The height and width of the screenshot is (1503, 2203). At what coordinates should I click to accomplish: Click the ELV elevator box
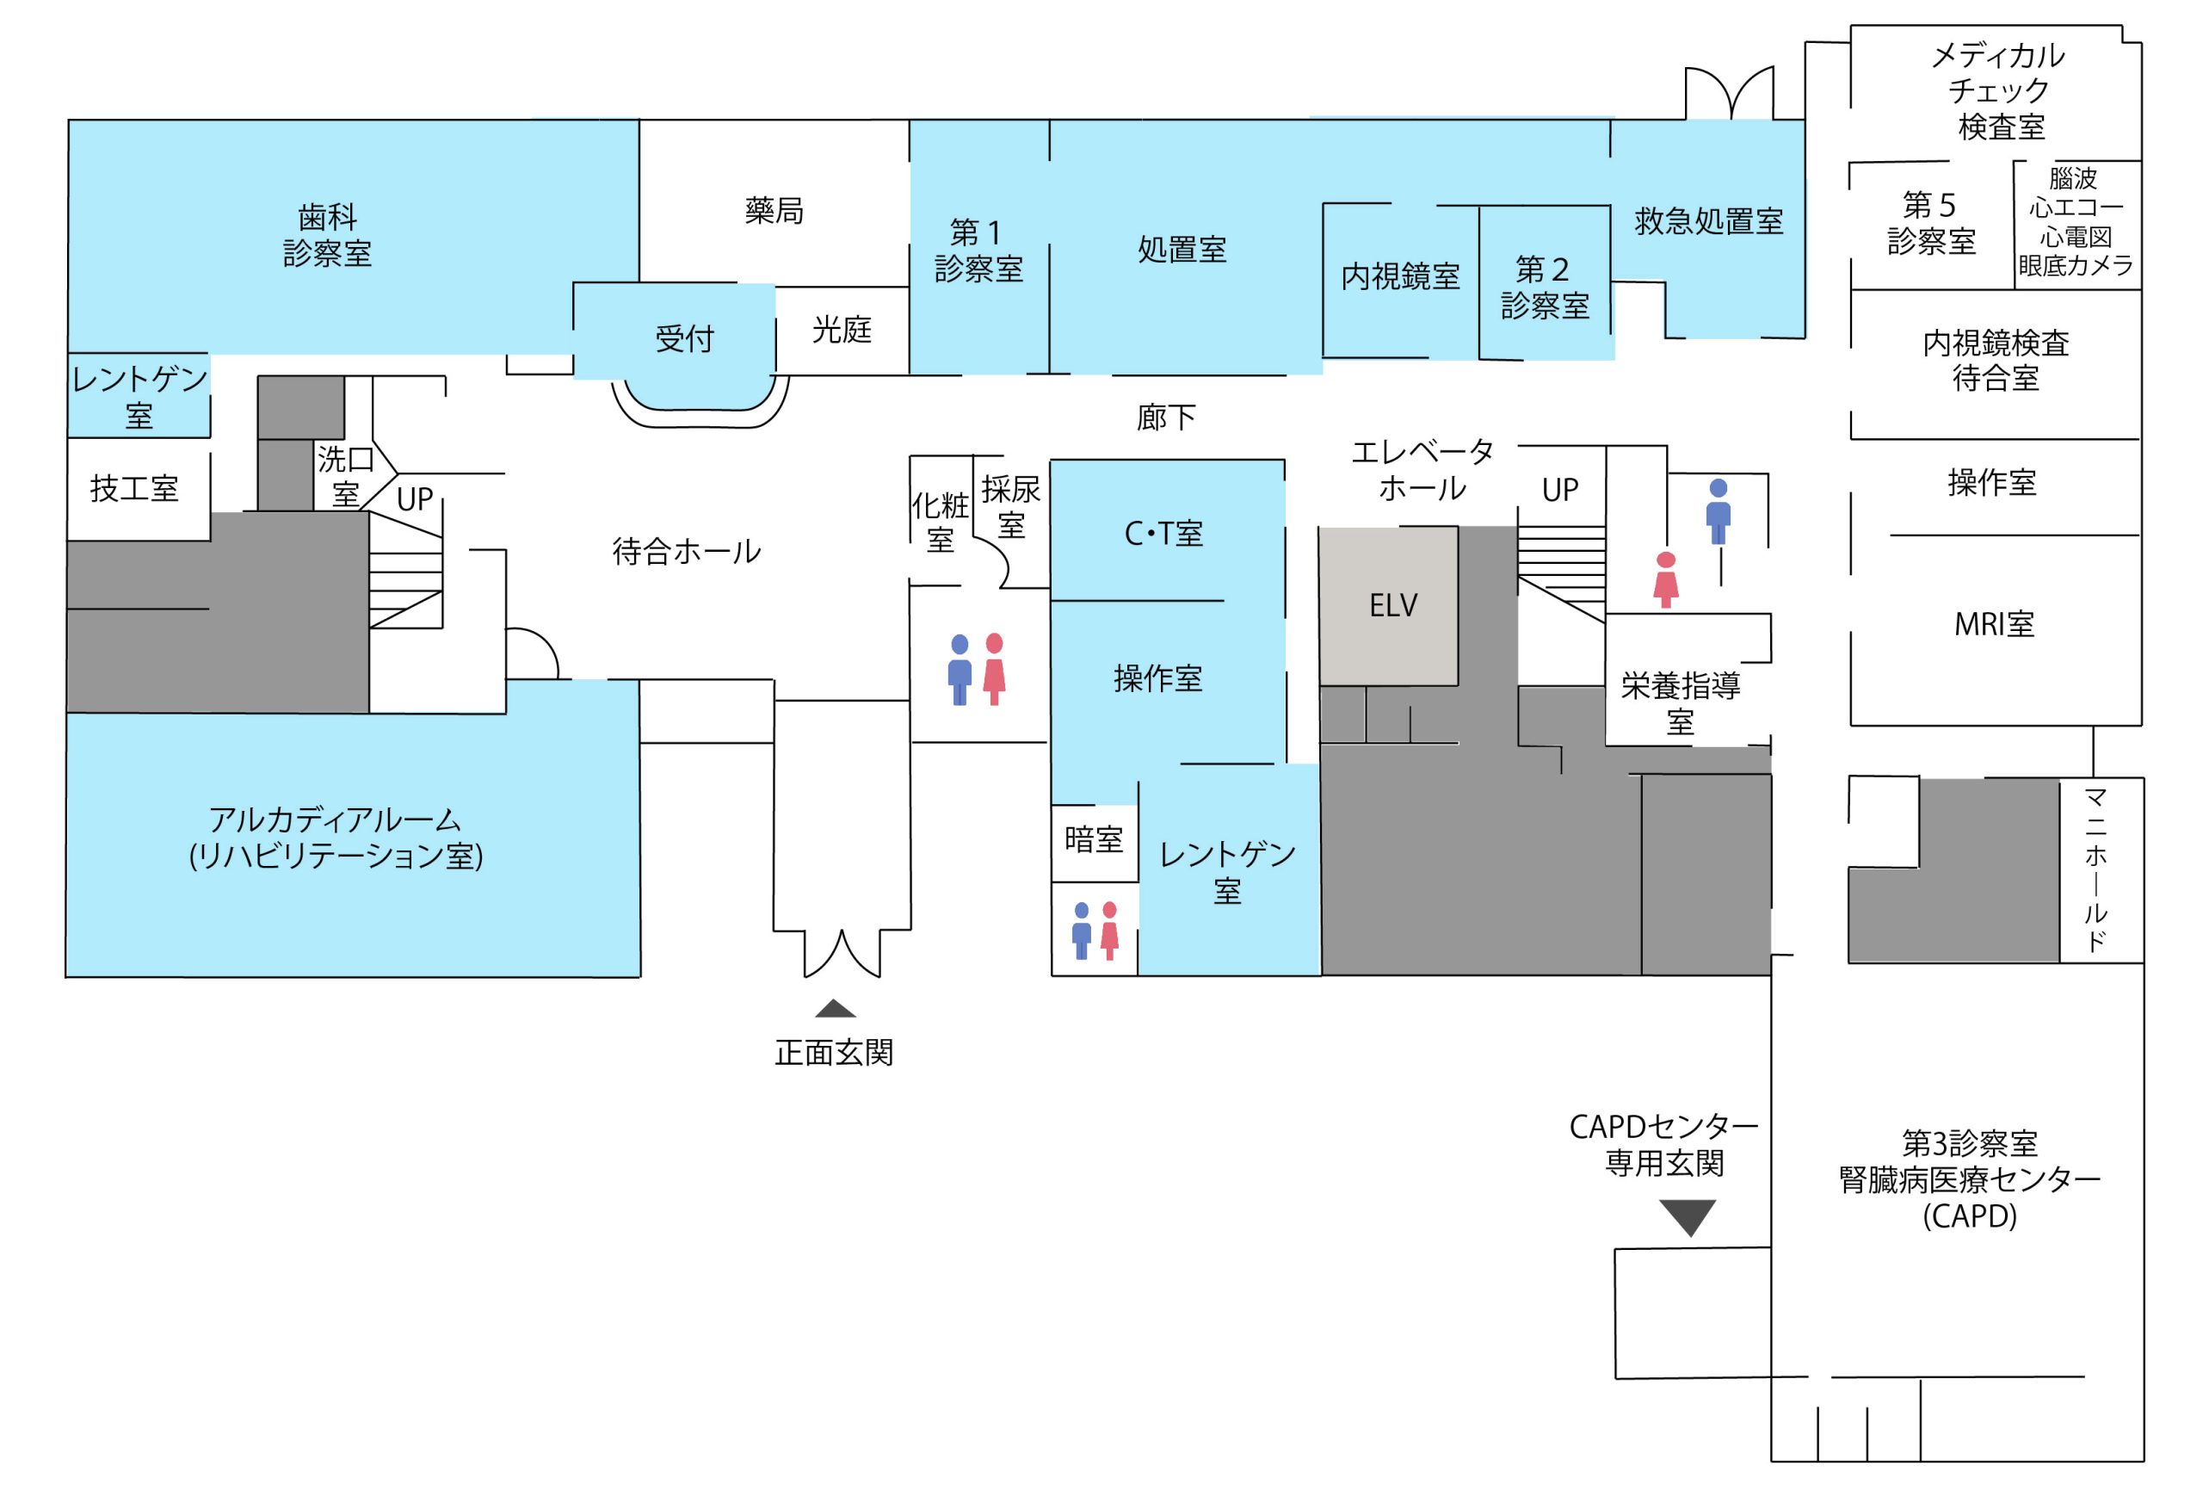1391,605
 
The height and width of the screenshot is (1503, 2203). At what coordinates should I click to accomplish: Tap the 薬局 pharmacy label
774,211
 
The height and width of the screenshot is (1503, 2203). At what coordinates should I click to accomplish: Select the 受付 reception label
683,338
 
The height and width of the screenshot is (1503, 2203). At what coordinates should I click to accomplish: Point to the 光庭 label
841,330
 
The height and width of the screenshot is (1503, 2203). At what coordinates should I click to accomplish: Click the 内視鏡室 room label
1400,276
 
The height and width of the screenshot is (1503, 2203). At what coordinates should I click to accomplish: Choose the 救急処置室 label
1708,222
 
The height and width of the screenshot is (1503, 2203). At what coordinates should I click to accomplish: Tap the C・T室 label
1163,534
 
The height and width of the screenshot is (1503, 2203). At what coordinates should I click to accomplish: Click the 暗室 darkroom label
1093,839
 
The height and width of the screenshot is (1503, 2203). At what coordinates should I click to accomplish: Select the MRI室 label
1994,624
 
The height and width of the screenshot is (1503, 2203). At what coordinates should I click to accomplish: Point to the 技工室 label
133,489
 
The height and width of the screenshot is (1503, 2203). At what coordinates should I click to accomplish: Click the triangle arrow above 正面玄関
834,1008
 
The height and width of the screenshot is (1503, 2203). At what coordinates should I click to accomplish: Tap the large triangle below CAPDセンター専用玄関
1688,1217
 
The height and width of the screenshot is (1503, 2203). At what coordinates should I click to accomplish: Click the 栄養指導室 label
1681,702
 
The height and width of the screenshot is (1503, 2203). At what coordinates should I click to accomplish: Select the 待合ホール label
687,551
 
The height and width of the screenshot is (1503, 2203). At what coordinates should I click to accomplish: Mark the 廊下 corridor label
1166,417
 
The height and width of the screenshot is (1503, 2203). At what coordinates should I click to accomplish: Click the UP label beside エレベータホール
1559,491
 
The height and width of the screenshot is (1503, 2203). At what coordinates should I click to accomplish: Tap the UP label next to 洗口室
414,498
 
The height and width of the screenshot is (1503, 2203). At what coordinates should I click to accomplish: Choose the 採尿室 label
1010,507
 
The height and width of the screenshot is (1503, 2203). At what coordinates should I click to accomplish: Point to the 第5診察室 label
1931,223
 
